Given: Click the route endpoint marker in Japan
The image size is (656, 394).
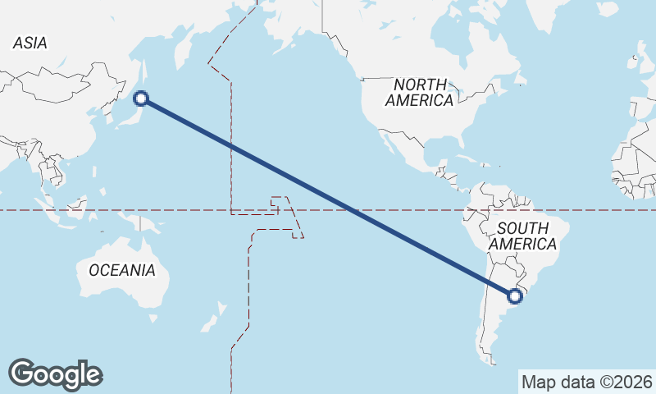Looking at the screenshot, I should pos(141,98).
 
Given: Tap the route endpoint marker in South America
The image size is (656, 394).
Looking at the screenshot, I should pos(516,295).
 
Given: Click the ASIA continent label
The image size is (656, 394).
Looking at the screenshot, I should pos(30,44).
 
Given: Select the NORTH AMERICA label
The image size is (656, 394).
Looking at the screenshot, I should pos(419,93).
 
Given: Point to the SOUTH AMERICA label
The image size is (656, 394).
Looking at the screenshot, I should pos(522,236).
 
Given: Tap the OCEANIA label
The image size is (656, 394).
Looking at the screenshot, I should pos(121,270).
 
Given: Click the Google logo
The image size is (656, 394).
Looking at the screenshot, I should pos(55,373).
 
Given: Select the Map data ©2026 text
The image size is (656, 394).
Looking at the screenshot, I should pos(586,382).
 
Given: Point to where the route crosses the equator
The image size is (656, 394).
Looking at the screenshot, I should pos(352,210).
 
